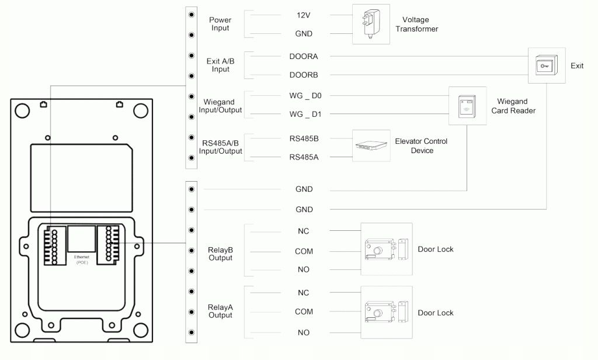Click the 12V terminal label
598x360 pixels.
click(x=304, y=15)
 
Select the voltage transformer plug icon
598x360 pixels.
click(x=371, y=25)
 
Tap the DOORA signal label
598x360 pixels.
click(x=304, y=57)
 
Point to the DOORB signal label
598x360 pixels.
click(x=304, y=75)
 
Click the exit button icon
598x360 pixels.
click(x=546, y=66)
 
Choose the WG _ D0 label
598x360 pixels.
click(x=305, y=95)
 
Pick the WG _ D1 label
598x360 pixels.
click(x=305, y=115)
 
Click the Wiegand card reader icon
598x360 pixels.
click(x=467, y=106)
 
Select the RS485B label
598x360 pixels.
click(x=304, y=139)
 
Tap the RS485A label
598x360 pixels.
click(x=304, y=157)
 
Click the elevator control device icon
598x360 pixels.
click(x=371, y=146)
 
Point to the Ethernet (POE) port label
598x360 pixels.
click(x=81, y=259)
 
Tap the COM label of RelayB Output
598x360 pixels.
click(x=304, y=251)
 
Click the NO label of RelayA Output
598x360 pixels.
click(x=304, y=333)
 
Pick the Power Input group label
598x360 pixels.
click(x=220, y=24)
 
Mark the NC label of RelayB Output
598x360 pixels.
click(x=304, y=231)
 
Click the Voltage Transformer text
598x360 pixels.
click(x=416, y=25)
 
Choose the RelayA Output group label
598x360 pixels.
click(x=220, y=311)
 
